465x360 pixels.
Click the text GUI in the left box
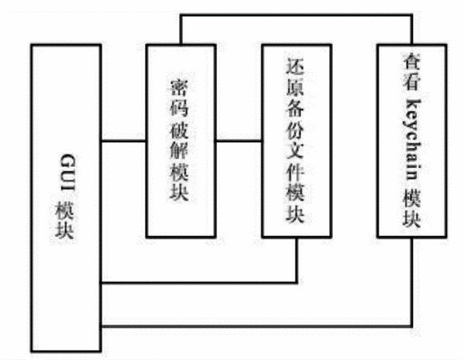tap(68, 172)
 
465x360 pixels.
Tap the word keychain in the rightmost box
tap(411, 140)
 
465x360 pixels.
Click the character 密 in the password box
tap(179, 87)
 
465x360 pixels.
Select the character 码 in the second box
tap(179, 107)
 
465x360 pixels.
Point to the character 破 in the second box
tap(179, 129)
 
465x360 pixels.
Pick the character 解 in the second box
tap(179, 150)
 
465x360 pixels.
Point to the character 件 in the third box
tap(295, 171)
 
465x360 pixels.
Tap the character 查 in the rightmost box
tap(411, 61)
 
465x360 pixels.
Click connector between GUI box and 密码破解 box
tap(124, 141)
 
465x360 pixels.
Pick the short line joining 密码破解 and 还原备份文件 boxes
tap(239, 141)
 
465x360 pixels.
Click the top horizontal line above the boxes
tap(296, 15)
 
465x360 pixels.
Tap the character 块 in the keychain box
tap(411, 218)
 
